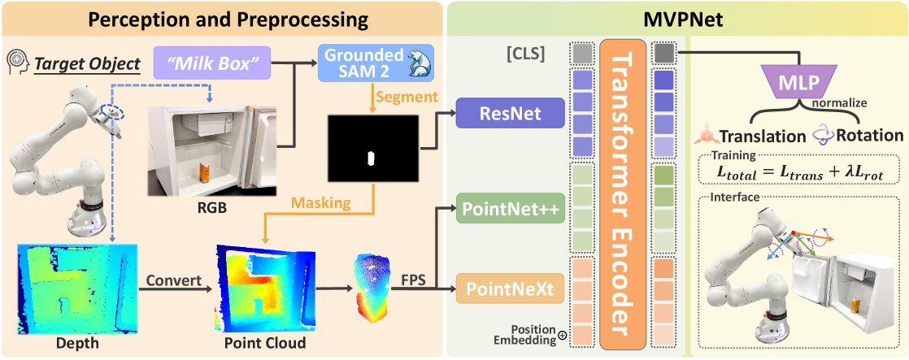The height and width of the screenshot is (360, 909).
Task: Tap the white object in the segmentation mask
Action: pos(372,158)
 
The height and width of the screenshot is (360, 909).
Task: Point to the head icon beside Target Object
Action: pos(18,61)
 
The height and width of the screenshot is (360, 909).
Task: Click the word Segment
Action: pos(414,96)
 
